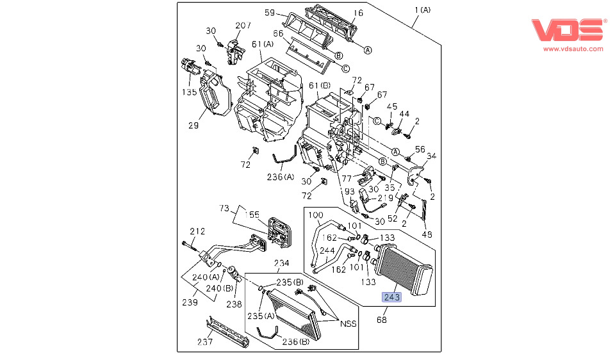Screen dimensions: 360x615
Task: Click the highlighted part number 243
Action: (x=392, y=297)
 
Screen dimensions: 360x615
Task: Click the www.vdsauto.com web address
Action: (x=573, y=48)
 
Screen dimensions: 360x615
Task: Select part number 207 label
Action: (x=243, y=26)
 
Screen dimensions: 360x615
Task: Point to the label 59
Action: (x=270, y=12)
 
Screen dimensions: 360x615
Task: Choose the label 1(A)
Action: (x=422, y=10)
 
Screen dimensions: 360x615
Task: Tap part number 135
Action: (x=188, y=92)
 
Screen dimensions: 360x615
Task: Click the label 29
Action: (x=193, y=126)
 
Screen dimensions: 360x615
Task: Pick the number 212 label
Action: (x=197, y=231)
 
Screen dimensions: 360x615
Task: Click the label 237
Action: (x=204, y=342)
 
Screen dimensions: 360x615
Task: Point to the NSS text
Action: (x=348, y=323)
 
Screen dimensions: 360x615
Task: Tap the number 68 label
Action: (x=382, y=319)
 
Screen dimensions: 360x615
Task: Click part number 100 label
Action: (x=316, y=215)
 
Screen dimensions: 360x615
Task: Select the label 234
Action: (x=282, y=263)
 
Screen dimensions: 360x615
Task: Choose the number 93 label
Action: (x=348, y=192)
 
